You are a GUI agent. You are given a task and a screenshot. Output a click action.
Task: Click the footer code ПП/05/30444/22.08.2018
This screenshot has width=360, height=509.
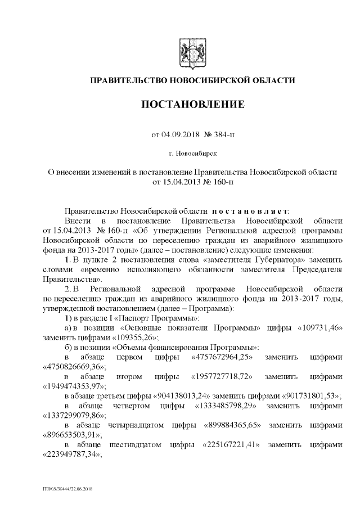pos(67,489)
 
